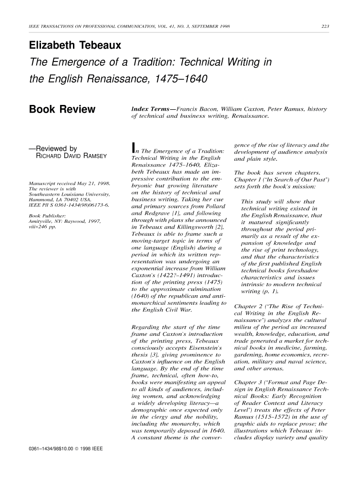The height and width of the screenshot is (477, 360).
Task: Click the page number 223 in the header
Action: click(326, 26)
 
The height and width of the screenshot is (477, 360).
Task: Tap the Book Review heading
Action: click(62, 110)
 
